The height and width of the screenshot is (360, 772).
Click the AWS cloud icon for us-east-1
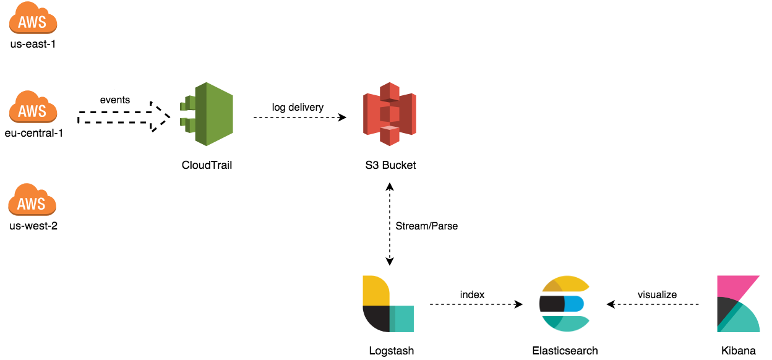(33, 19)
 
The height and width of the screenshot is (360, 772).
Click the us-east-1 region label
(33, 44)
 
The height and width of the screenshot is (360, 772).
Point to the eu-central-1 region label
(33, 133)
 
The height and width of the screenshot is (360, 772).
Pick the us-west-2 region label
(33, 226)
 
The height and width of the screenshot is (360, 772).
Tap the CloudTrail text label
(207, 165)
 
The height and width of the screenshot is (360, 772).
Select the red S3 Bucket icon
(389, 113)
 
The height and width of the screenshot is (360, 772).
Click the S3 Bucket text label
(390, 165)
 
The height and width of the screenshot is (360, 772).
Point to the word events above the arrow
(115, 100)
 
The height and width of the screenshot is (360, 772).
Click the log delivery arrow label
(298, 108)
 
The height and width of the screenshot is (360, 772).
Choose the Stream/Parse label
(427, 226)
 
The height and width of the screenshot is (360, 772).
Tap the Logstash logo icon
(388, 304)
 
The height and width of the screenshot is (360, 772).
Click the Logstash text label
(391, 351)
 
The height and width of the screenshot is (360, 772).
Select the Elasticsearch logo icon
(565, 304)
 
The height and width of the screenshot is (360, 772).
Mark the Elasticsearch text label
(565, 351)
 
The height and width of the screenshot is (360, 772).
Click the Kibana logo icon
(738, 304)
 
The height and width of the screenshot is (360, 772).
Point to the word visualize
(657, 294)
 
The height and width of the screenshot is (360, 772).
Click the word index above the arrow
(472, 294)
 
